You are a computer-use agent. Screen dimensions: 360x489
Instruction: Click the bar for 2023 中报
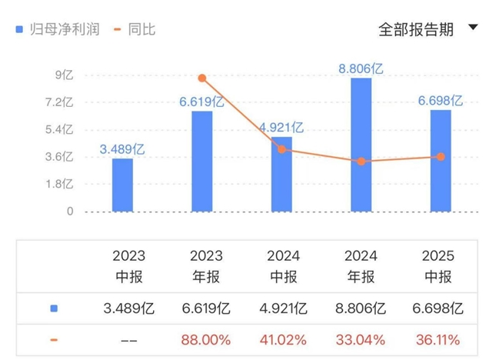pyautogui.click(x=122, y=185)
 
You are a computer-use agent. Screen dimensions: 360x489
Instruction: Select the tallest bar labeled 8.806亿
pyautogui.click(x=361, y=145)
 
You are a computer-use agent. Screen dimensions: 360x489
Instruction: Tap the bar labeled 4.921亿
pyautogui.click(x=281, y=174)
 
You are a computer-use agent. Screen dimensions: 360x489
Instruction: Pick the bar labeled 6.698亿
pyautogui.click(x=441, y=161)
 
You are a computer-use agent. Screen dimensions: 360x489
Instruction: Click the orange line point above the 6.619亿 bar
pyautogui.click(x=202, y=78)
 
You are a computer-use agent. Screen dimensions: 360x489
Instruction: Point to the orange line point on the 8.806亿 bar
pyautogui.click(x=361, y=161)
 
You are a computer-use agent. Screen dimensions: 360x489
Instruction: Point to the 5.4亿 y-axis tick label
pyautogui.click(x=58, y=129)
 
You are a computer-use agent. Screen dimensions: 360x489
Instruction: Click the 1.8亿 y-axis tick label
pyautogui.click(x=58, y=184)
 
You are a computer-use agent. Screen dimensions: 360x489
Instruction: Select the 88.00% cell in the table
pyautogui.click(x=202, y=339)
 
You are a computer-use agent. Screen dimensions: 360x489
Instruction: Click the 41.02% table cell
pyautogui.click(x=281, y=339)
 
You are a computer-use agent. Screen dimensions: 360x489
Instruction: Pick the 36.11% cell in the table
pyautogui.click(x=441, y=339)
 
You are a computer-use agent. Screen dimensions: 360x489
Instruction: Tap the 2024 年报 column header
pyautogui.click(x=361, y=266)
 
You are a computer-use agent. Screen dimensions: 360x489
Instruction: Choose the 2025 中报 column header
pyautogui.click(x=441, y=266)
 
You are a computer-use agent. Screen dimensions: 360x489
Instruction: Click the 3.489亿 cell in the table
pyautogui.click(x=122, y=308)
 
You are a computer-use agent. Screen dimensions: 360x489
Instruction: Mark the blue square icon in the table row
pyautogui.click(x=54, y=308)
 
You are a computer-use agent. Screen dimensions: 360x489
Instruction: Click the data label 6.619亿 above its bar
pyautogui.click(x=201, y=100)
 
